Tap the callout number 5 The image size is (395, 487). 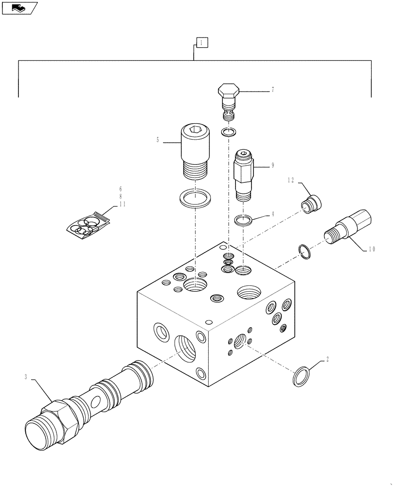158,140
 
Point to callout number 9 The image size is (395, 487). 273,166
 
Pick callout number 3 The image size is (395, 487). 25,376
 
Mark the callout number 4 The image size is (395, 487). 273,213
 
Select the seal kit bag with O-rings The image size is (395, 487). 88,224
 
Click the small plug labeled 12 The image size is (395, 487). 311,204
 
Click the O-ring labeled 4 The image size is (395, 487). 243,221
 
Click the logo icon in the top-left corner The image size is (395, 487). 19,7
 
